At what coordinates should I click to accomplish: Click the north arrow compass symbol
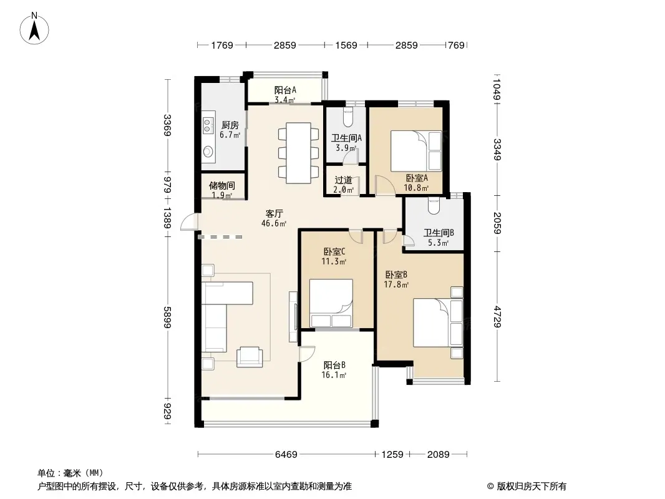(34, 29)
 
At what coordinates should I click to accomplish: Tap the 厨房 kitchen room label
(230, 125)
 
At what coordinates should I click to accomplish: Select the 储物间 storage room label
(222, 186)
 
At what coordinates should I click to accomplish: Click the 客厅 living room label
(274, 214)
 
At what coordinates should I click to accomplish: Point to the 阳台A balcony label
(285, 90)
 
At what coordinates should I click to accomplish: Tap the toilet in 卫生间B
(434, 206)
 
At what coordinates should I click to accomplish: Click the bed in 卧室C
(331, 303)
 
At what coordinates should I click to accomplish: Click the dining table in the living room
(299, 153)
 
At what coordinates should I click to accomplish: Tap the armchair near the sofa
(250, 357)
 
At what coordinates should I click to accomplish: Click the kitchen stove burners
(207, 125)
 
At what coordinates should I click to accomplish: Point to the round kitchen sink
(208, 151)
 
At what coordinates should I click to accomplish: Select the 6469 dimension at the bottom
(286, 455)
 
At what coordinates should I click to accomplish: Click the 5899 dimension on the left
(168, 317)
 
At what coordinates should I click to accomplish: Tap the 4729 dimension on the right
(497, 317)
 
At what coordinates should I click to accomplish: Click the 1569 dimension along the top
(346, 45)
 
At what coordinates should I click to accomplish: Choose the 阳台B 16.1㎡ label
(334, 370)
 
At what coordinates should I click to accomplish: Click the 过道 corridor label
(344, 180)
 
